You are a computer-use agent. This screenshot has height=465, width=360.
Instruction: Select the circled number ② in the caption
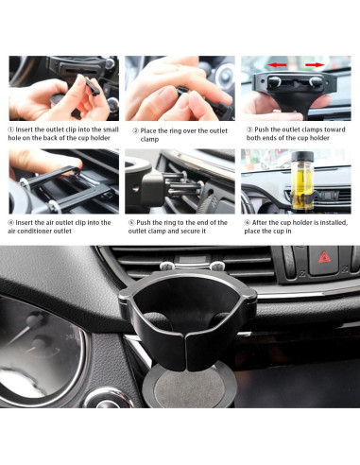coord(136,130)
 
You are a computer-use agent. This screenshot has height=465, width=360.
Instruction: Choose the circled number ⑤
coord(135,222)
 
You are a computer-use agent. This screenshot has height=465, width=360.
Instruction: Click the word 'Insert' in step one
coord(29,130)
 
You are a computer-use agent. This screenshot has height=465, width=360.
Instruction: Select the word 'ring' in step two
coord(184,130)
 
